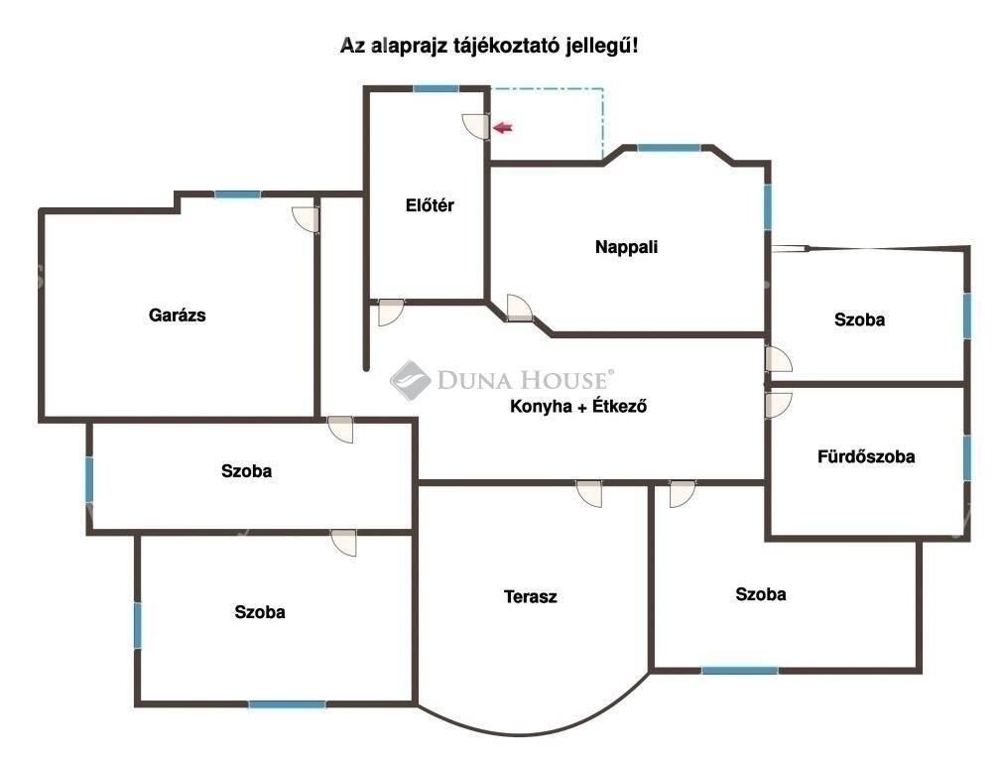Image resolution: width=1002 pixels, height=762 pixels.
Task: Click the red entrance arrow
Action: point(503,128)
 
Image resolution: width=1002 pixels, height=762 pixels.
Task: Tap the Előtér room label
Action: point(430,205)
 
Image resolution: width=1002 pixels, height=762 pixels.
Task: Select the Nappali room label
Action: point(626,247)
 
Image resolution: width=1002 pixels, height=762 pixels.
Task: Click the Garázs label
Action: point(177,316)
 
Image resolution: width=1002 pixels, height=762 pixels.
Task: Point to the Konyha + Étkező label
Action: point(578,406)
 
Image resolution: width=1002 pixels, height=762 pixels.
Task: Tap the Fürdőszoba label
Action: point(866,456)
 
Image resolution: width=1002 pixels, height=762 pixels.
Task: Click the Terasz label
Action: point(531,597)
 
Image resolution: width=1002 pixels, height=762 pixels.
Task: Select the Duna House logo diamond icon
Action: point(411,380)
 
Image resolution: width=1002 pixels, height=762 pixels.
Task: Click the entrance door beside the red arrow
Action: point(476,126)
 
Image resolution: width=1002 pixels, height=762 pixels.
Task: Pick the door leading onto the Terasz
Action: point(589,494)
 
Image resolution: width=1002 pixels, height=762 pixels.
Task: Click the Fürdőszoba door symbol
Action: point(779,405)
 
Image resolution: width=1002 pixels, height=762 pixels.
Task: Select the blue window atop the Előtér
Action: point(436,89)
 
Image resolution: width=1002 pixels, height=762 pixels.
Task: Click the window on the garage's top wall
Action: point(237,194)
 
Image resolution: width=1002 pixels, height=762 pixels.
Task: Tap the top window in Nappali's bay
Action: point(669,148)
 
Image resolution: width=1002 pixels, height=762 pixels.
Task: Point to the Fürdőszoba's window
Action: point(967,457)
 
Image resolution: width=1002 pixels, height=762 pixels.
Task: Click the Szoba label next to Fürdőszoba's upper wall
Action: point(859,319)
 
